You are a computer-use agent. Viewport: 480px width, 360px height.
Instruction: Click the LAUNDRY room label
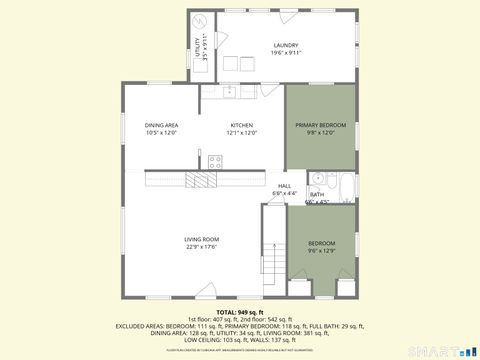pyautogui.click(x=287, y=45)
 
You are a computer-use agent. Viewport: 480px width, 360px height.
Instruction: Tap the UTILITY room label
pyautogui.click(x=198, y=44)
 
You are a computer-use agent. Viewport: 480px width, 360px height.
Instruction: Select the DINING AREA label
pyautogui.click(x=161, y=125)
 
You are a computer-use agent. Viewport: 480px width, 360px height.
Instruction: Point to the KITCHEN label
pyautogui.click(x=242, y=125)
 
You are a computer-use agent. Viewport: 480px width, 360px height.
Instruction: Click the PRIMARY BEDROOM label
pyautogui.click(x=320, y=125)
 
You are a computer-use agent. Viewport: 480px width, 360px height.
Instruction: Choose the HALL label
pyautogui.click(x=285, y=186)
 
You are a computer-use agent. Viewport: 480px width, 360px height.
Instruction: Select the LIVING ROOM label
pyautogui.click(x=201, y=239)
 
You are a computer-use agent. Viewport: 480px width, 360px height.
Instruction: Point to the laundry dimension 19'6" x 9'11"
pyautogui.click(x=287, y=53)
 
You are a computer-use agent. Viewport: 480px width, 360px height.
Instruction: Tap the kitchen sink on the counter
pyautogui.click(x=229, y=91)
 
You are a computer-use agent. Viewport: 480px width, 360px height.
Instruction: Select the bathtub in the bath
pyautogui.click(x=345, y=187)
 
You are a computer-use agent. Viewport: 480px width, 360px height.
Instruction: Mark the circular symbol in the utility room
pyautogui.click(x=200, y=20)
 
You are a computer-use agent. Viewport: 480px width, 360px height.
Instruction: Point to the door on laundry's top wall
pyautogui.click(x=290, y=17)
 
